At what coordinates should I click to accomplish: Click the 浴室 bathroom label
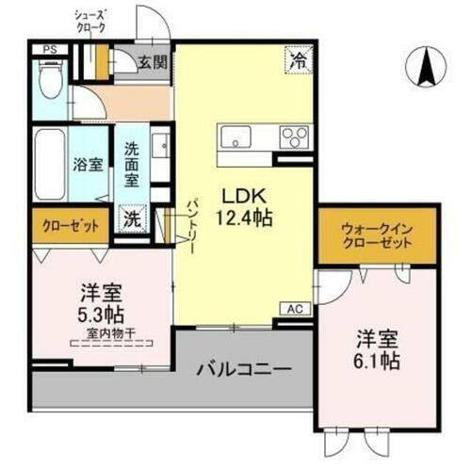point(88,163)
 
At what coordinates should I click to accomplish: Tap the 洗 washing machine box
point(132,217)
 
